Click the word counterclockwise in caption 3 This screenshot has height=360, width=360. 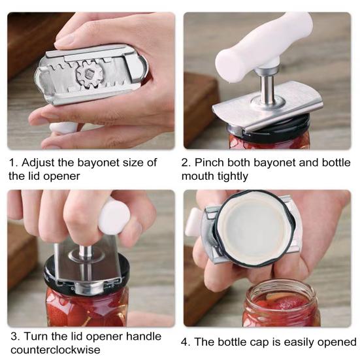point(54,350)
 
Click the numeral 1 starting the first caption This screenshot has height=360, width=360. point(11,163)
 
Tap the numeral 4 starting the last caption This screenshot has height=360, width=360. point(184,342)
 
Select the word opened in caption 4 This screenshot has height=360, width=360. point(336,342)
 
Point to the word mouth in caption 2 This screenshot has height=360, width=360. point(197,176)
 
